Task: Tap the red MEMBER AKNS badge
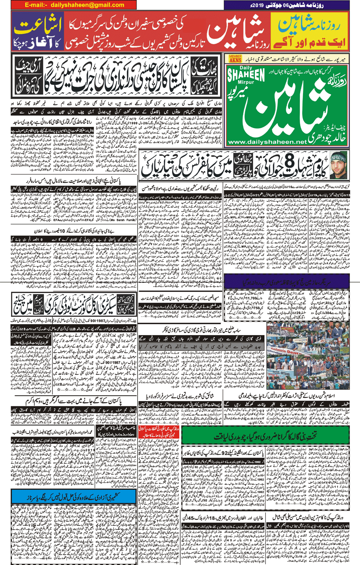point(235,59)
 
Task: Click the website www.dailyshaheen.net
point(267,142)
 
